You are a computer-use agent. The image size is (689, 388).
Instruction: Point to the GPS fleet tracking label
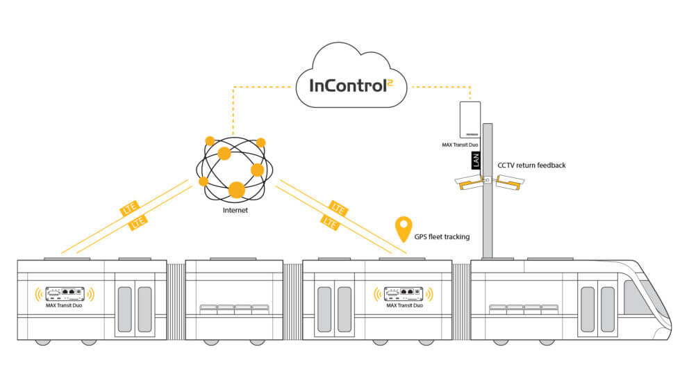(x=441, y=237)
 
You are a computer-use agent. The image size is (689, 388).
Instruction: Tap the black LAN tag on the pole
(x=476, y=160)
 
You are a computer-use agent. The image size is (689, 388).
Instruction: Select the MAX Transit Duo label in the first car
(x=65, y=306)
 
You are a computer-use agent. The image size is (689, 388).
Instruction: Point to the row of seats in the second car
(x=234, y=309)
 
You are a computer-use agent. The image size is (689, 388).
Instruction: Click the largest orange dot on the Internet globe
(x=236, y=188)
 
